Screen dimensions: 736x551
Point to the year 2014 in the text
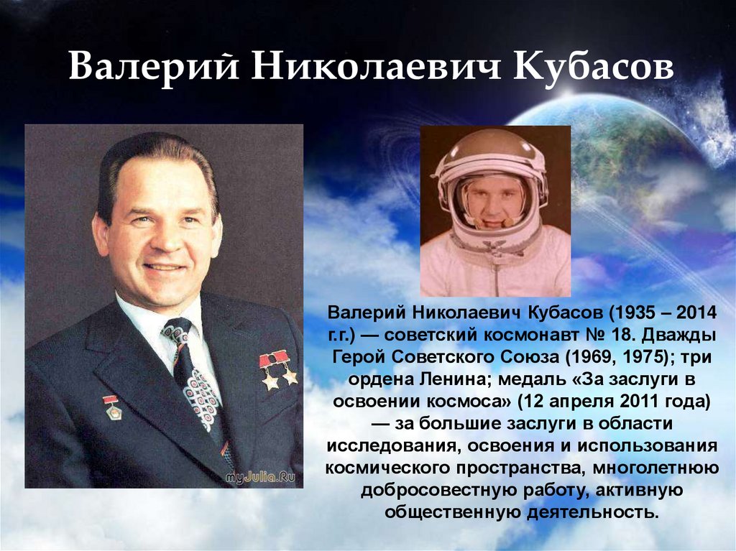(x=696, y=312)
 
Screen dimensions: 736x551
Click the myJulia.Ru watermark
(x=260, y=478)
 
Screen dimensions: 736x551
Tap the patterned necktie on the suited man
(x=195, y=376)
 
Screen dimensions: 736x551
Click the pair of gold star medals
(x=278, y=370)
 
